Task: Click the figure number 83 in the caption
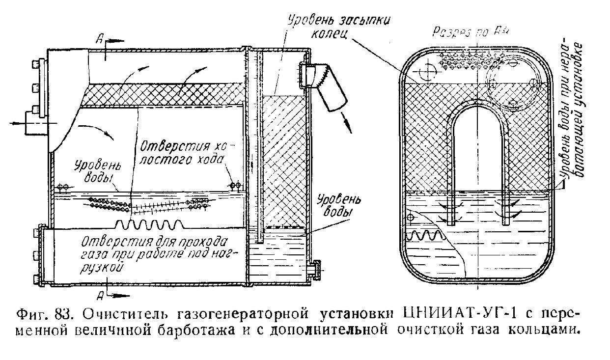[64, 313]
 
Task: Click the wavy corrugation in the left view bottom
[150, 225]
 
